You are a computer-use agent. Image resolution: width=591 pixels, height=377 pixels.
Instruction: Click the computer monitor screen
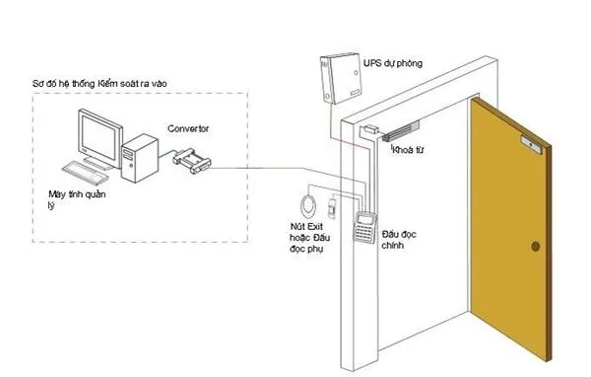click(x=99, y=138)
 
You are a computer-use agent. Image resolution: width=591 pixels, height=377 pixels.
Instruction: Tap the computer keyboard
click(x=85, y=173)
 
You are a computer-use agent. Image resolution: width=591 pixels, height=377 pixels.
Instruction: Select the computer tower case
click(x=140, y=158)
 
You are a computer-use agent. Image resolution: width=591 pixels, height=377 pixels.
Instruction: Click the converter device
click(x=192, y=161)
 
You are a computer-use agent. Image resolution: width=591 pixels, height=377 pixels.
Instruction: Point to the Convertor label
click(x=188, y=129)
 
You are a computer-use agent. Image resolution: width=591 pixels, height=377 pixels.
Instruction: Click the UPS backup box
click(x=341, y=79)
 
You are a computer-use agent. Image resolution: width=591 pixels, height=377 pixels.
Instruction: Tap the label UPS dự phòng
click(x=393, y=63)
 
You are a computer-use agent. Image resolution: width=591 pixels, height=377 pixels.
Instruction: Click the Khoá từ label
click(x=408, y=150)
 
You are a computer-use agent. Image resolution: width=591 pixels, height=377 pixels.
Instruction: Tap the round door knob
click(x=535, y=247)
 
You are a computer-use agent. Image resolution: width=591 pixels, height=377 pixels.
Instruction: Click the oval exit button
click(x=308, y=206)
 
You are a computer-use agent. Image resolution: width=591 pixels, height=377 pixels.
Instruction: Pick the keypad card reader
click(x=364, y=227)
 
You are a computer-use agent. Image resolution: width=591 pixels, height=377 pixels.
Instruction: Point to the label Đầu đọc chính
click(x=399, y=240)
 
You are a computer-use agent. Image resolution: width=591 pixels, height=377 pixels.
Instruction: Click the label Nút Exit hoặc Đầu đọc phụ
click(x=310, y=238)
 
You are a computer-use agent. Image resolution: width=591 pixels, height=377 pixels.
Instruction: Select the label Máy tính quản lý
click(x=77, y=199)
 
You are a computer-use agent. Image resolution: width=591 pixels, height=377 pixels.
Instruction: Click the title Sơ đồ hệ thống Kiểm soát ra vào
click(x=99, y=84)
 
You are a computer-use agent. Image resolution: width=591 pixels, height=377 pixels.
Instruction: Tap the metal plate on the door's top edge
click(x=532, y=145)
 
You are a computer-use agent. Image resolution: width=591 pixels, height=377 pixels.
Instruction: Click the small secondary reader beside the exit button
click(x=332, y=208)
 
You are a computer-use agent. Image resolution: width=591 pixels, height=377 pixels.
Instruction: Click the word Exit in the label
click(x=315, y=227)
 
